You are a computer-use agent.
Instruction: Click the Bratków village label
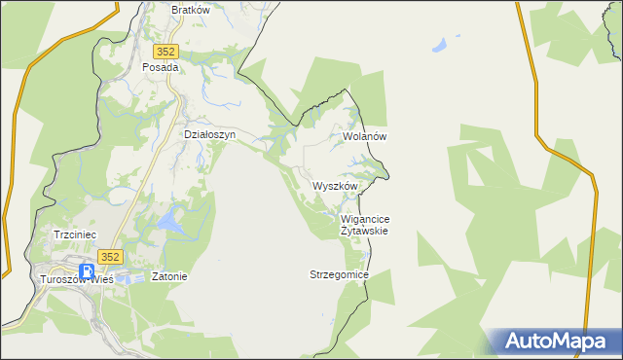[191, 10]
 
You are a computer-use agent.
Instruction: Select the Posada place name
[161, 68]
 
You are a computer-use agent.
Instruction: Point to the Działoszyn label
[210, 135]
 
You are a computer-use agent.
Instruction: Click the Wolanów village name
[366, 137]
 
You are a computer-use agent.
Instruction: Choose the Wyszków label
[337, 186]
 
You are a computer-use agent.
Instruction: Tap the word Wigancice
[366, 220]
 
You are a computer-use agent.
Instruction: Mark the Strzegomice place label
[340, 275]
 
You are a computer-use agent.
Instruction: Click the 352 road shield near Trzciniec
[111, 257]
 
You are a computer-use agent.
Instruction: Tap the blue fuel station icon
[87, 271]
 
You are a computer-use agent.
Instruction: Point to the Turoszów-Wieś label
[75, 278]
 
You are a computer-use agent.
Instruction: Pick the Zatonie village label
[169, 276]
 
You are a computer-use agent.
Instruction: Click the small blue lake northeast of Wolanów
[443, 45]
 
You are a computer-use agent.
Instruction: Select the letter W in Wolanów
[348, 137]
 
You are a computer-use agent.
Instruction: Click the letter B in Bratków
[174, 10]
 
